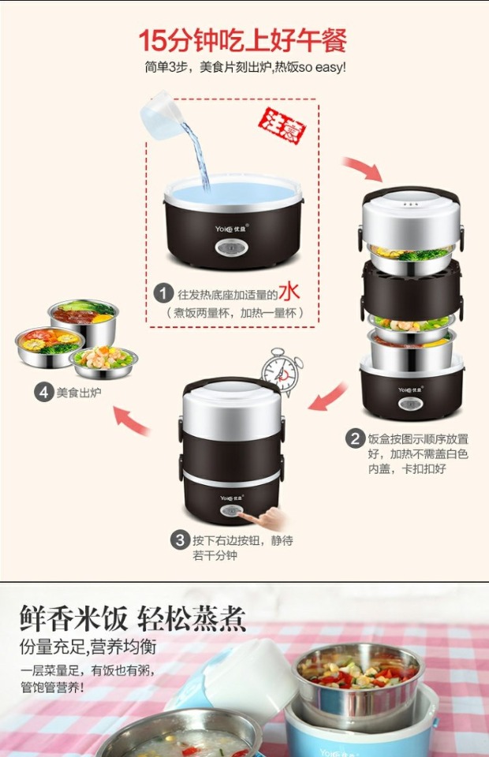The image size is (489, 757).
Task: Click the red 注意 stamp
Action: click(282, 125)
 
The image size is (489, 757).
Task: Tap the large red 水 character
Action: click(289, 291)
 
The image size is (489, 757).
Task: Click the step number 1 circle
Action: click(163, 294)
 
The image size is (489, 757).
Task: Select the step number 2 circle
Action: click(355, 439)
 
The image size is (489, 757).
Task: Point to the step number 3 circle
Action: click(180, 539)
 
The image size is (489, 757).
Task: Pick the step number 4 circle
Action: click(43, 392)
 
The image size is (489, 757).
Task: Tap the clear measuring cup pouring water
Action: click(161, 115)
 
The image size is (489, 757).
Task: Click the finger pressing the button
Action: click(263, 518)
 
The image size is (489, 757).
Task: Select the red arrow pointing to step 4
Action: click(130, 420)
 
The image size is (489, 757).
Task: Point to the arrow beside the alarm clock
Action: click(328, 397)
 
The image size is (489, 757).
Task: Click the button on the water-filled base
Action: click(232, 248)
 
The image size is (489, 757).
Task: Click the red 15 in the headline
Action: click(153, 40)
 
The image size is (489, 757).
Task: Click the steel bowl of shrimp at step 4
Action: click(103, 362)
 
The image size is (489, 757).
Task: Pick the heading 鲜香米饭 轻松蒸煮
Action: click(133, 618)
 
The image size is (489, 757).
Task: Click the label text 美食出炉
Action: click(79, 393)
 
